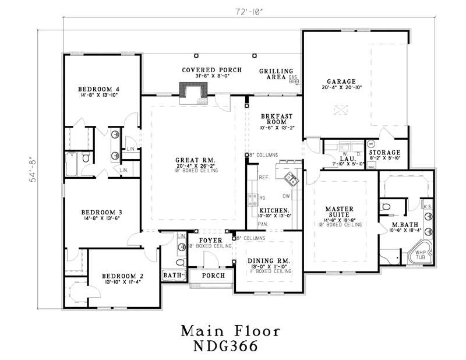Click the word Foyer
(208, 240)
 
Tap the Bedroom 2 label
(122, 276)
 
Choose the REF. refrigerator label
(263, 177)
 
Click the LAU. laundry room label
(346, 158)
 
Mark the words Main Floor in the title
(230, 330)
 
